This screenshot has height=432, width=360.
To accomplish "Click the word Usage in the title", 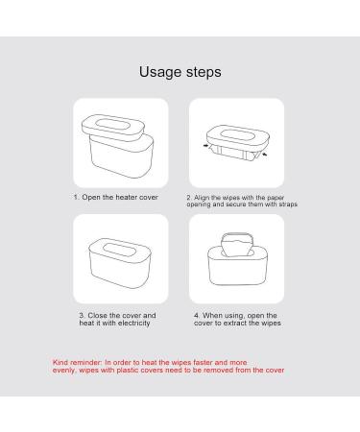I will coord(158,72).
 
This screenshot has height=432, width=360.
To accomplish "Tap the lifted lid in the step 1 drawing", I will coord(114,125).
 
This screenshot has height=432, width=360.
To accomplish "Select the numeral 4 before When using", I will coord(195,315).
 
